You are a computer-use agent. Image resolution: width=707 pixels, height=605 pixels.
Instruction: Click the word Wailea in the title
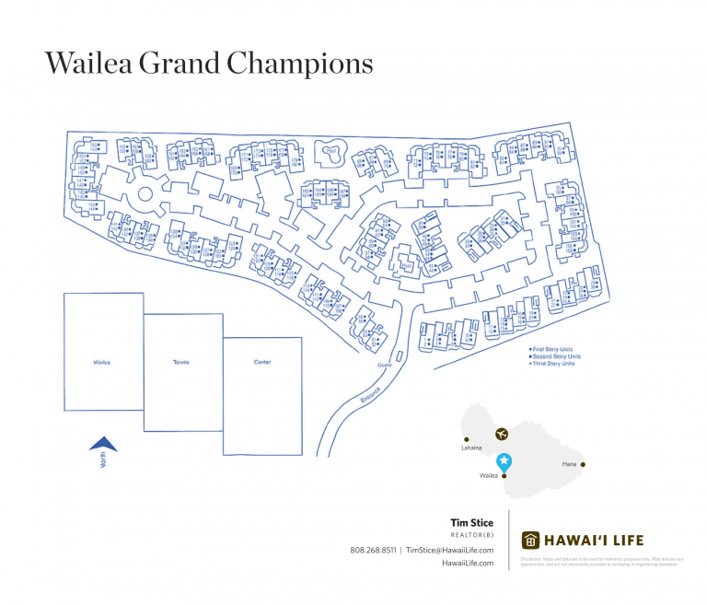coord(87,64)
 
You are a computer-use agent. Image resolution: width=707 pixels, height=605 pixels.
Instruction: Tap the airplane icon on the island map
coord(501,433)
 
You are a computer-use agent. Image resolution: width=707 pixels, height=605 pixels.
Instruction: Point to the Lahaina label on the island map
coord(470,448)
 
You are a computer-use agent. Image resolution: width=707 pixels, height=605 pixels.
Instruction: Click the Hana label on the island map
coord(569,464)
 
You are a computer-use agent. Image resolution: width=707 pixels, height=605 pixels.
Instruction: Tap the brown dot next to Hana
coord(583,464)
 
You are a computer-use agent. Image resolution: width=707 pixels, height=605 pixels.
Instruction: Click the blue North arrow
coord(103,445)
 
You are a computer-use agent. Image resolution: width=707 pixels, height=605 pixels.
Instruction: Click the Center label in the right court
coord(262,363)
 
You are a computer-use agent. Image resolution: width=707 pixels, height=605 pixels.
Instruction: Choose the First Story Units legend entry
coord(554,349)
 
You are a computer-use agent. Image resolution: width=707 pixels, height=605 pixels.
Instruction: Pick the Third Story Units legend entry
coord(554,364)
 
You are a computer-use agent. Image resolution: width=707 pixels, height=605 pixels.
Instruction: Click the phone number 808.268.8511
coord(373,550)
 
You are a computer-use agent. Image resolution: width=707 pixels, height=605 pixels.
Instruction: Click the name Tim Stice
coord(471,523)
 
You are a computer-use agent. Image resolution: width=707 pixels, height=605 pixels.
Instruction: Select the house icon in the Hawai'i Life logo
coord(530,540)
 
